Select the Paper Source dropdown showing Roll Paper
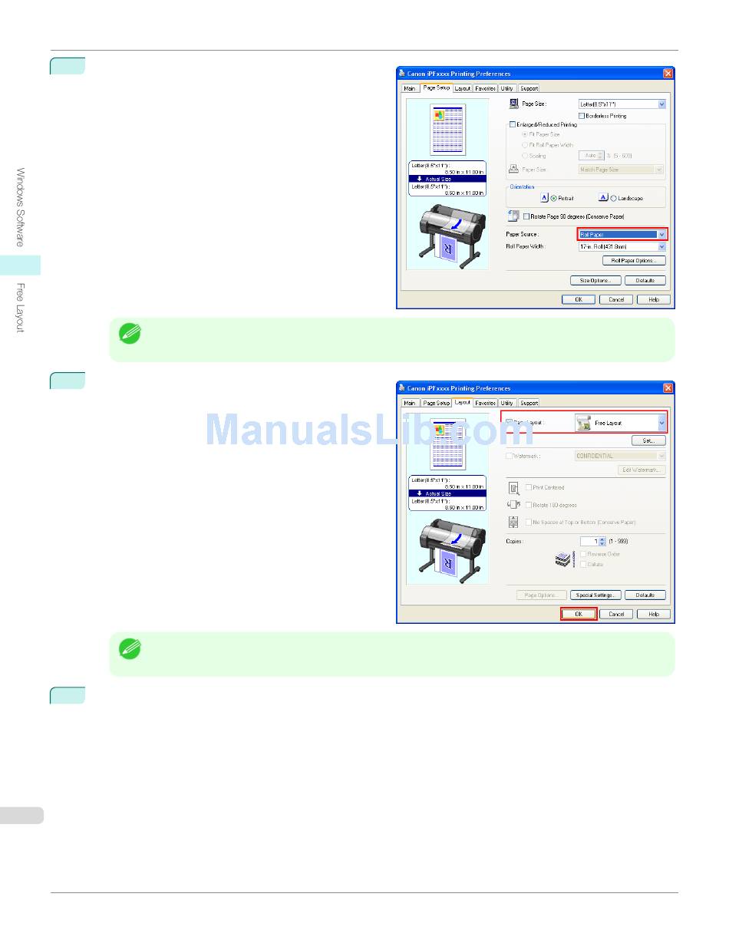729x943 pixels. (622, 234)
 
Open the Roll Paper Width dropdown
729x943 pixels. (622, 247)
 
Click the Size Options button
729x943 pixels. (595, 280)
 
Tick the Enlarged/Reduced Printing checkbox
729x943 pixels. (513, 124)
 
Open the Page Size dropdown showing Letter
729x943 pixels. (622, 104)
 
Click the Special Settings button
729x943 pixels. (595, 595)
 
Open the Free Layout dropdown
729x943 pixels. (621, 423)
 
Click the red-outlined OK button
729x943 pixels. (579, 614)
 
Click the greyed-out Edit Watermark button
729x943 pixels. (642, 470)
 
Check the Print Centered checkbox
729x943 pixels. (529, 487)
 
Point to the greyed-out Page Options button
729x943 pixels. (542, 595)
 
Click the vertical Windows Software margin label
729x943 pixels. (21, 207)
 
